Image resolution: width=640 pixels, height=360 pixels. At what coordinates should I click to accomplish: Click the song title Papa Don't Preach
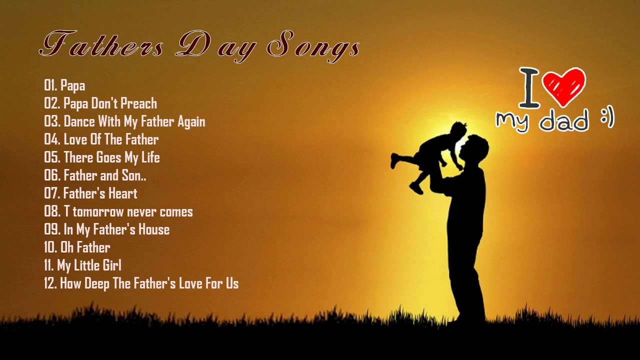(100, 103)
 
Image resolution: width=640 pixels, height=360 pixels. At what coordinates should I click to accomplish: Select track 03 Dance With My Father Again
(124, 121)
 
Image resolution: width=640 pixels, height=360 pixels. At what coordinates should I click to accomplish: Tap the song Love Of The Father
(101, 139)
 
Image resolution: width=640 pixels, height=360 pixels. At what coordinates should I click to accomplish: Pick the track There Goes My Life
(102, 157)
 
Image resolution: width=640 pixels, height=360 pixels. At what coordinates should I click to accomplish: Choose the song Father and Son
(95, 175)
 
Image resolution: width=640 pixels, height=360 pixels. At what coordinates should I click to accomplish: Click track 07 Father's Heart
(90, 193)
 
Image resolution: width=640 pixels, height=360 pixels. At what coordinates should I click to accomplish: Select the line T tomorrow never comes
(118, 211)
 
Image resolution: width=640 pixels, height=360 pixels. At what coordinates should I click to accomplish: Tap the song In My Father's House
(107, 229)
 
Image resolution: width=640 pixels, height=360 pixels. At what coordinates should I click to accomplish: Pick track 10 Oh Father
(77, 247)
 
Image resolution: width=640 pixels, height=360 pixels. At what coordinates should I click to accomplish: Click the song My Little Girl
(82, 265)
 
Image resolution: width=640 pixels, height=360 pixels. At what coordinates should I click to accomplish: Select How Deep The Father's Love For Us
(141, 283)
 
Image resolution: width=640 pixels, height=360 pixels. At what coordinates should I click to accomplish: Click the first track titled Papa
(64, 86)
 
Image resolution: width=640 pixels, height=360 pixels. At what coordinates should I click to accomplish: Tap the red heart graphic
(563, 86)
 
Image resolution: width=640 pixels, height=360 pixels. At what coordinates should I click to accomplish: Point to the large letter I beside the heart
(529, 88)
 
